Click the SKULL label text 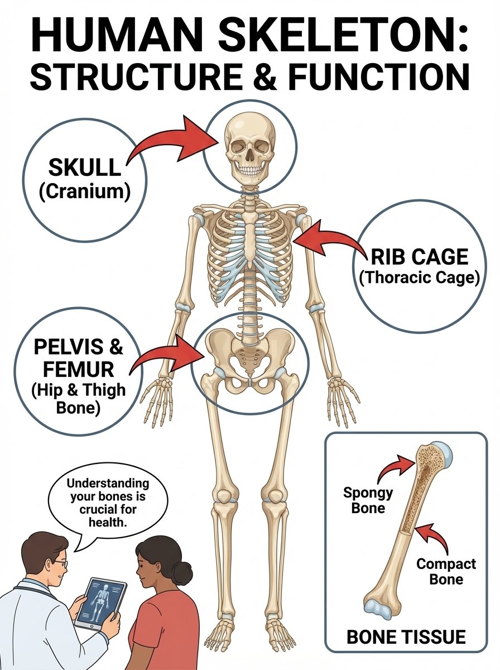pos(84,167)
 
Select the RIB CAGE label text pos(419,257)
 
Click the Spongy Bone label pos(368,500)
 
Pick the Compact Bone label pos(446,571)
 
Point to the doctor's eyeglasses pos(61,564)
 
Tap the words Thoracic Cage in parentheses pos(419,277)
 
